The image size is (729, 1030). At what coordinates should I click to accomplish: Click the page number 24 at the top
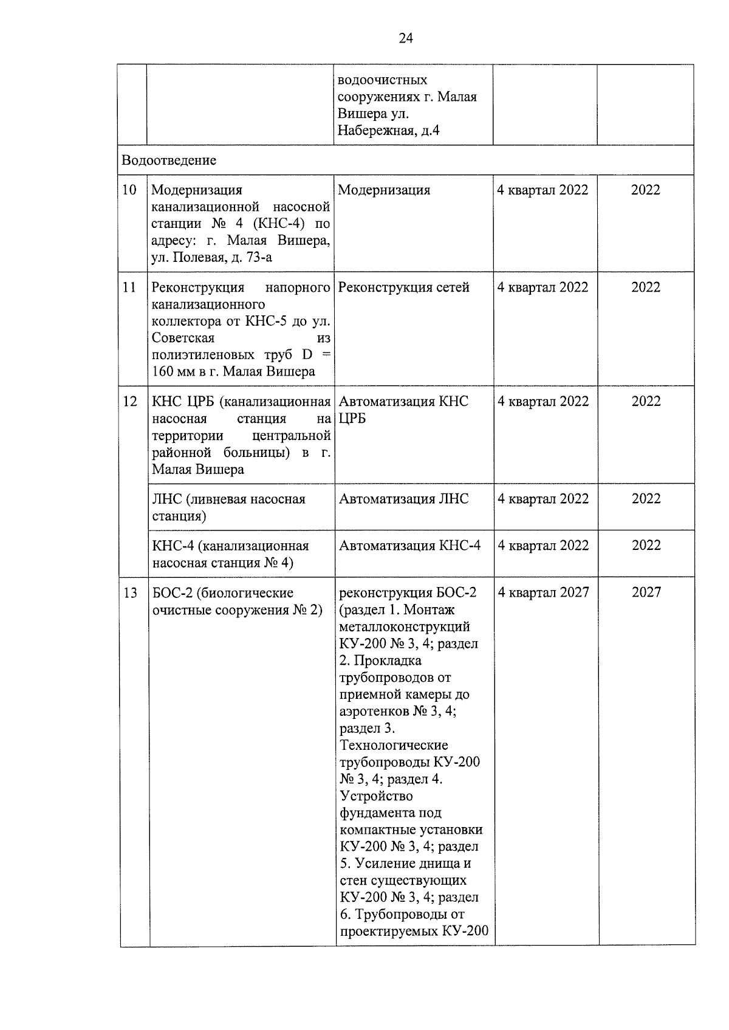pos(406,39)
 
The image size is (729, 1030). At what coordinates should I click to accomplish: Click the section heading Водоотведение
pos(169,160)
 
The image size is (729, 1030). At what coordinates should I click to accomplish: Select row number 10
pos(129,190)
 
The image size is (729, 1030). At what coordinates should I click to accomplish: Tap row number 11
pos(129,287)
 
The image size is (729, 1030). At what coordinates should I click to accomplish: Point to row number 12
pos(130,401)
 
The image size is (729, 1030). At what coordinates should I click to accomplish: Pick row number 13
pos(130,592)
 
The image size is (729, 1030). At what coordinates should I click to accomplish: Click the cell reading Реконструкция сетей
pos(403,287)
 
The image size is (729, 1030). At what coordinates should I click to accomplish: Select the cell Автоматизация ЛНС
pos(403,499)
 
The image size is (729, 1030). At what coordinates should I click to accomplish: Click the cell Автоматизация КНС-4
pos(409,546)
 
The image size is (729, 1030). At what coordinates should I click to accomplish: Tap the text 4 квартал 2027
pos(543,592)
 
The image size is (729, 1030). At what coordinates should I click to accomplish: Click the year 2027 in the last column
pos(646,592)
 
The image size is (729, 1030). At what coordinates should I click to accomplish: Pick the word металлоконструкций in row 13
pos(405,627)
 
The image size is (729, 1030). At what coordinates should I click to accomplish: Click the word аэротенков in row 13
pos(374,711)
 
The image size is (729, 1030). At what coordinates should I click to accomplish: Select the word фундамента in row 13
pos(377,812)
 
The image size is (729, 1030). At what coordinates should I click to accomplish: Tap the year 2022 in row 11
pos(646,287)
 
